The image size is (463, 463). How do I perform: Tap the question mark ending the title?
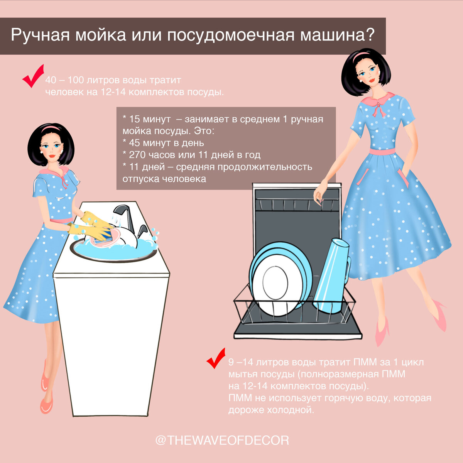[370, 34]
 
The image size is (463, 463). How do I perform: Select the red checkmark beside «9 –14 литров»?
[216, 358]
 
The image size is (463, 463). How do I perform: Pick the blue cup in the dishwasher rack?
[331, 275]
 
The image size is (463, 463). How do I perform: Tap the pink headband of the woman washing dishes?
[51, 128]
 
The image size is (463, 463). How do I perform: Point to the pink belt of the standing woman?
[382, 151]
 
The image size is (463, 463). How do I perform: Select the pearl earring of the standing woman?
[361, 81]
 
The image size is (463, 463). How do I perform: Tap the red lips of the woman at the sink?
[52, 156]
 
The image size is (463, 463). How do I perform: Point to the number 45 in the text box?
[134, 143]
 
